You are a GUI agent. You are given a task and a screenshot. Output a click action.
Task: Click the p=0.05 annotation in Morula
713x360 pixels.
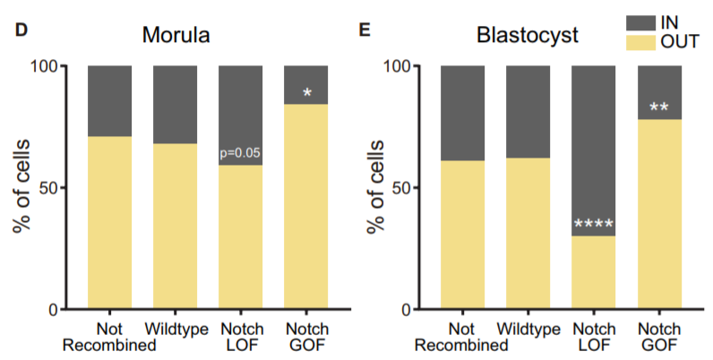click(241, 154)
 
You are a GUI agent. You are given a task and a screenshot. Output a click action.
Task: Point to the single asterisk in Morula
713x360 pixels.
click(307, 92)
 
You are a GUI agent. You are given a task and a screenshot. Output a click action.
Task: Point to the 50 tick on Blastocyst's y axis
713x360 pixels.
click(399, 188)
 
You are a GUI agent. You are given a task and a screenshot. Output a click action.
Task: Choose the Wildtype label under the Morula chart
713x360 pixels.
click(176, 329)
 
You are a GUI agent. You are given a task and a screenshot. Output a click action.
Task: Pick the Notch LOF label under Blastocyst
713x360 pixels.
click(594, 336)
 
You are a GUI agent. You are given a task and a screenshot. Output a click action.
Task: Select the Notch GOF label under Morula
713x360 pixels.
click(307, 336)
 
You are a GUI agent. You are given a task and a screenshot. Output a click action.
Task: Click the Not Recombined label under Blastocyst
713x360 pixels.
click(462, 336)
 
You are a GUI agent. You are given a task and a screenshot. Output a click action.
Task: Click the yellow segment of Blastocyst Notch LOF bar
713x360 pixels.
click(594, 273)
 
